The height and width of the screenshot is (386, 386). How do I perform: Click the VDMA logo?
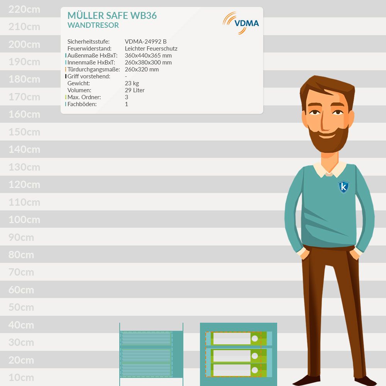click(x=241, y=23)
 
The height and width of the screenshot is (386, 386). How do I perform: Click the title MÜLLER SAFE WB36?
click(x=112, y=15)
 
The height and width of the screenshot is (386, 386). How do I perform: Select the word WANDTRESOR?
click(x=93, y=25)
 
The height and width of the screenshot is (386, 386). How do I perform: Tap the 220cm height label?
click(x=24, y=9)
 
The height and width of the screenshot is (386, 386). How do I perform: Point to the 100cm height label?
click(x=24, y=220)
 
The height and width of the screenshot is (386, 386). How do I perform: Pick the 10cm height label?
click(x=21, y=378)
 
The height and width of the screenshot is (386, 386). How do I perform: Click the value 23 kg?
click(x=132, y=83)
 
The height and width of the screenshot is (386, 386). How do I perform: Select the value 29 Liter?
click(x=135, y=90)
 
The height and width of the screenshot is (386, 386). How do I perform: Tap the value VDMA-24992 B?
click(x=146, y=41)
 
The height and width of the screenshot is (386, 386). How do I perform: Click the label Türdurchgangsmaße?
click(x=93, y=69)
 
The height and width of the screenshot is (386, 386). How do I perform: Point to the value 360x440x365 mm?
click(x=148, y=55)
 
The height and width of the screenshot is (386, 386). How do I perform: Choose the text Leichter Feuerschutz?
click(x=151, y=49)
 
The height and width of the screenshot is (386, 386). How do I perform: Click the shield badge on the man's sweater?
click(x=344, y=187)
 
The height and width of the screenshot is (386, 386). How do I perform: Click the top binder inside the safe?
click(x=239, y=339)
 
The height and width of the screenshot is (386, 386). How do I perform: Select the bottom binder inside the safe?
click(x=239, y=370)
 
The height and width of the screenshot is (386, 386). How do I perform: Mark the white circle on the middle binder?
click(x=255, y=356)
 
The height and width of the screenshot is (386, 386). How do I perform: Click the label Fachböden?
click(x=82, y=104)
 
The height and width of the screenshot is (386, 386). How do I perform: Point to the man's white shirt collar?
click(x=330, y=169)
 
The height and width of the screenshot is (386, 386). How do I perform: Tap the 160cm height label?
click(x=24, y=114)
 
